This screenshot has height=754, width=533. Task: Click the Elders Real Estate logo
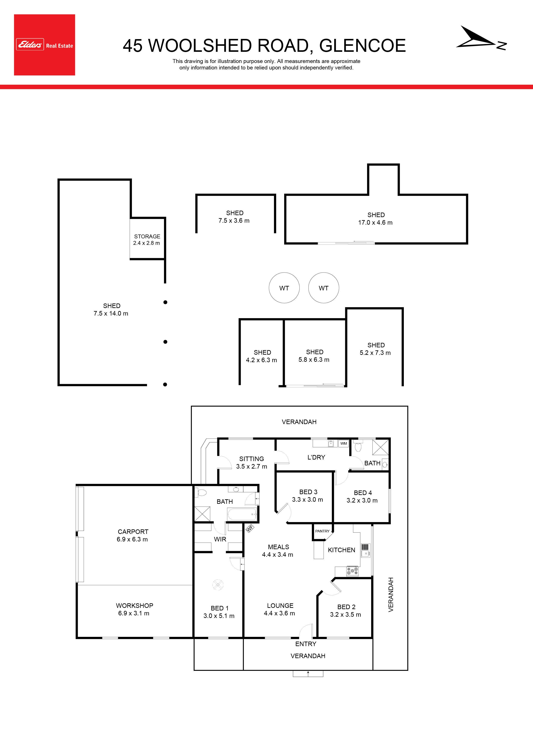click(x=44, y=45)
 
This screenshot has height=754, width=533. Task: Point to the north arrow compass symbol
click(x=481, y=38)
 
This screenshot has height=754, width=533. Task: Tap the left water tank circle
click(x=284, y=288)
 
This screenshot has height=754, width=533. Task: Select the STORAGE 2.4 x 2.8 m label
click(x=147, y=240)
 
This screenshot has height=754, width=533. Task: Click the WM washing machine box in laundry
click(x=343, y=443)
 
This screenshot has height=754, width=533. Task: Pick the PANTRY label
click(x=322, y=531)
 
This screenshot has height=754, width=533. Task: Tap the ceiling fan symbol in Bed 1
click(x=218, y=585)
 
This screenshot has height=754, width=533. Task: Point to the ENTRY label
click(x=306, y=644)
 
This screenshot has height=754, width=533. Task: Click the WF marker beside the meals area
click(x=250, y=528)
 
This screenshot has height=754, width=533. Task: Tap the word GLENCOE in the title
click(x=363, y=45)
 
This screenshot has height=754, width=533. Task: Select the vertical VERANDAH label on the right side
click(x=391, y=594)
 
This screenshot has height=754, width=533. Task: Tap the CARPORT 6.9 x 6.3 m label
click(x=132, y=535)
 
